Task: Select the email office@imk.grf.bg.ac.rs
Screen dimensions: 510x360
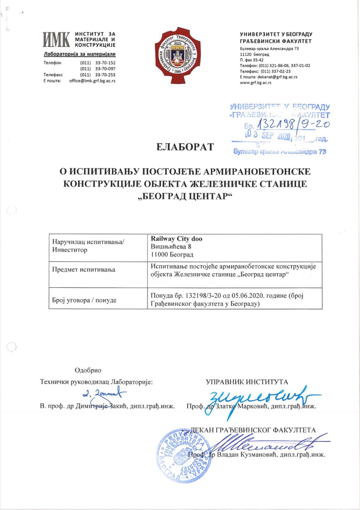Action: pos(92,81)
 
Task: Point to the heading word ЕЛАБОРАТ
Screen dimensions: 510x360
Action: pos(185,147)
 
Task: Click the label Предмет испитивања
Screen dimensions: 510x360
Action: pos(84,270)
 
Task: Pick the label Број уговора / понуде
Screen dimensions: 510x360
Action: pos(84,300)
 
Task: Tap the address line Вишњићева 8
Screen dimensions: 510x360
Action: pos(171,247)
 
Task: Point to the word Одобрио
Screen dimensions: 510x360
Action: pos(88,370)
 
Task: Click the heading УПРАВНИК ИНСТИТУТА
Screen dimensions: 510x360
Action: pos(247,382)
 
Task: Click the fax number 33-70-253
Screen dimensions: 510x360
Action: pos(105,75)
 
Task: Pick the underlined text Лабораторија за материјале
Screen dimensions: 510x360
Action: pos(79,54)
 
